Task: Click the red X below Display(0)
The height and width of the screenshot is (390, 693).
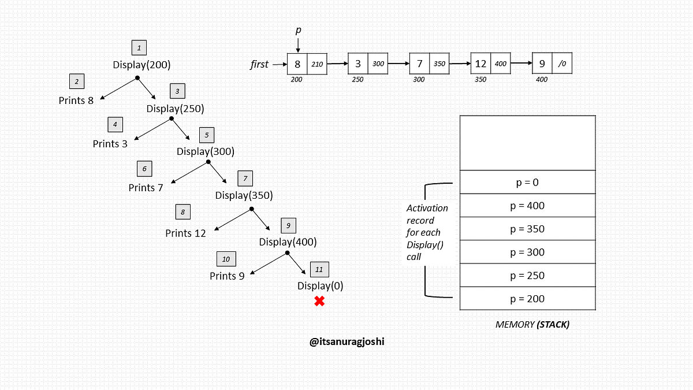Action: tap(319, 300)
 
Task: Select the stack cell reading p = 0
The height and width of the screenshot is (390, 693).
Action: tap(527, 182)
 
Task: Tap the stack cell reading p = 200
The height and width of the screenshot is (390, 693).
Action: tap(527, 299)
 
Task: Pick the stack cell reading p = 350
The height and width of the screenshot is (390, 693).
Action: tap(527, 229)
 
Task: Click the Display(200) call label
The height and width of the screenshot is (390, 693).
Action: tap(141, 65)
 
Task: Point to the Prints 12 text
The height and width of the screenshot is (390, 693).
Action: tap(185, 233)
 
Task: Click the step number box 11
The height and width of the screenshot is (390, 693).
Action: tap(319, 269)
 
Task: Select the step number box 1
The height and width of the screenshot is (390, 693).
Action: tap(139, 48)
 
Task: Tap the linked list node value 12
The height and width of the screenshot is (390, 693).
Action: tap(480, 64)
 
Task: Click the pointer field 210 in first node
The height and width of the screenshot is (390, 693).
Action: tap(317, 64)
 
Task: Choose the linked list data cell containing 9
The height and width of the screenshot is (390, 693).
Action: tap(542, 64)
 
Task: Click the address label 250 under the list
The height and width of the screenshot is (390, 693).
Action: tap(357, 80)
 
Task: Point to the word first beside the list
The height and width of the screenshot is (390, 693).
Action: tap(259, 64)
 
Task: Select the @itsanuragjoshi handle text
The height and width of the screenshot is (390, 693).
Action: tap(347, 341)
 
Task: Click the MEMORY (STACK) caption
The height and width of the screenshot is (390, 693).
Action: tap(532, 325)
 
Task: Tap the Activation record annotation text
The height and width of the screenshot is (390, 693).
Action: tap(427, 232)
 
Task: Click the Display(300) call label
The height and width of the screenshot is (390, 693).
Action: tap(205, 151)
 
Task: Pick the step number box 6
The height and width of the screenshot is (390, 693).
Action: tap(144, 169)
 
